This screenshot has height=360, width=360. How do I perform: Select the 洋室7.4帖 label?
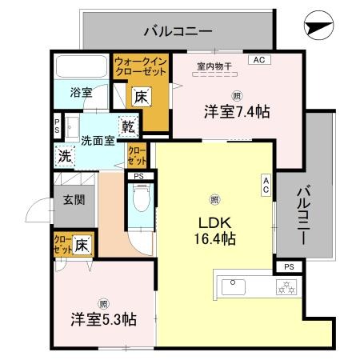[x=235, y=112]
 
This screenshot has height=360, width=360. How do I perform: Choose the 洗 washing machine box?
[x=63, y=155]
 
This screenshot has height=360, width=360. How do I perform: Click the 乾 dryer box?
[x=128, y=125]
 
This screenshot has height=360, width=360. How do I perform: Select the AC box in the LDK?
[x=266, y=183]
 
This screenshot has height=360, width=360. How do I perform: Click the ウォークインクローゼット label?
[x=140, y=66]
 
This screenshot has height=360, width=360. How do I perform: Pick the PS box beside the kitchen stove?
[x=289, y=266]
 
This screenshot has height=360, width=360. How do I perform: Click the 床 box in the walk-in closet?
[x=140, y=97]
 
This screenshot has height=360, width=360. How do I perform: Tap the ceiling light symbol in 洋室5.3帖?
[x=103, y=303]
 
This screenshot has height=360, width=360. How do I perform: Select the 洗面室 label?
[x=96, y=141]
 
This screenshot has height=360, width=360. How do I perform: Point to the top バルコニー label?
[x=177, y=32]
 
